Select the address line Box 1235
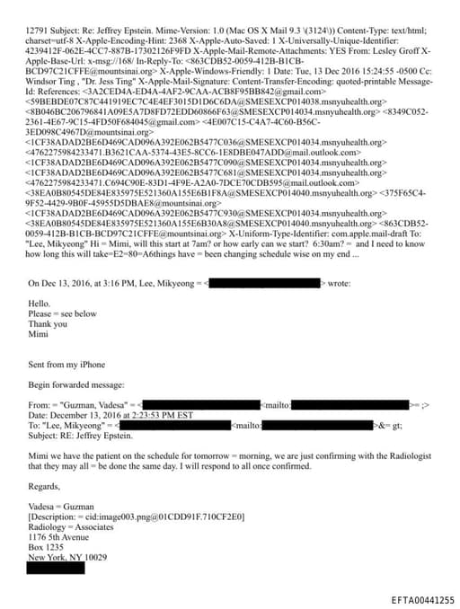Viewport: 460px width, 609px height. pos(49,547)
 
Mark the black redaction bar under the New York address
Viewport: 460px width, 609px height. pos(57,568)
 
